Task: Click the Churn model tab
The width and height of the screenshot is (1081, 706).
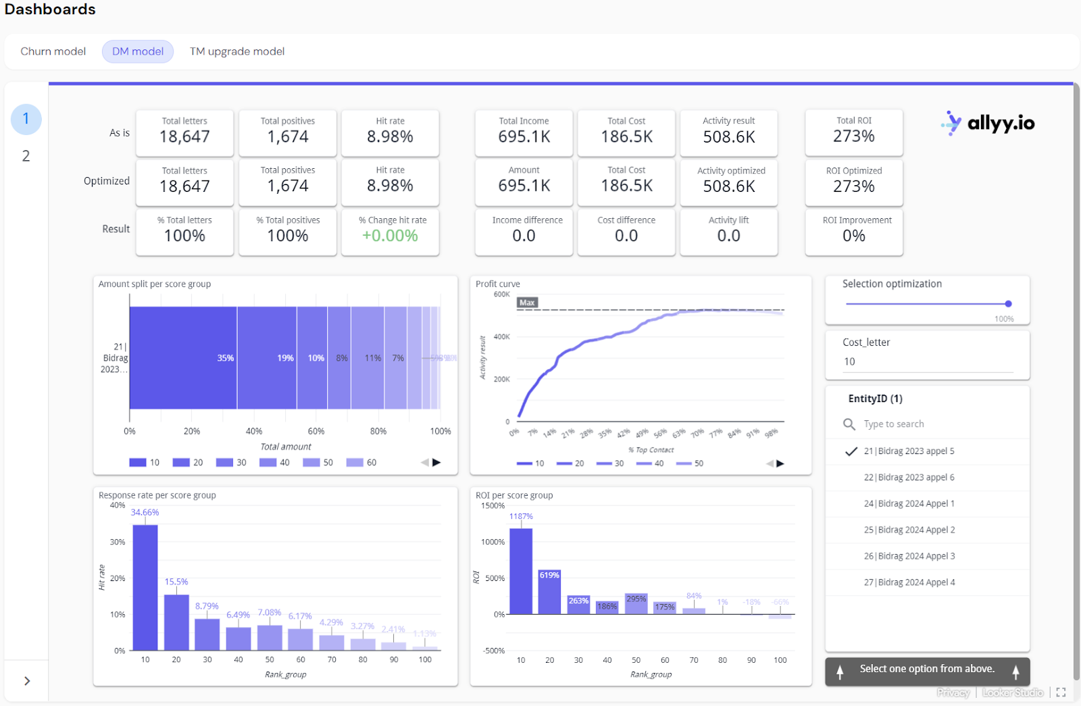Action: pyautogui.click(x=53, y=51)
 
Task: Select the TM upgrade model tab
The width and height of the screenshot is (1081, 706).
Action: pyautogui.click(x=236, y=51)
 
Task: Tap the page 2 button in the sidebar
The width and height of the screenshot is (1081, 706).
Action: pyautogui.click(x=26, y=156)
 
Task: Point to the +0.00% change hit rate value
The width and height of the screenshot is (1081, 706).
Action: pyautogui.click(x=390, y=236)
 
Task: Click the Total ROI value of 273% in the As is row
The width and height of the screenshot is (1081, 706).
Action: pyautogui.click(x=853, y=136)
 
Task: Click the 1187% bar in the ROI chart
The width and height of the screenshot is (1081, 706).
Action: pyautogui.click(x=520, y=571)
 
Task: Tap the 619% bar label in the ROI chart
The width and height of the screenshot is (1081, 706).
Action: pyautogui.click(x=549, y=575)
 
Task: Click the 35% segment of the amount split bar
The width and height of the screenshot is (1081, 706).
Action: pyautogui.click(x=183, y=358)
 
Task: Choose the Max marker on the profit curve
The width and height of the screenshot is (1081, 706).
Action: pyautogui.click(x=527, y=303)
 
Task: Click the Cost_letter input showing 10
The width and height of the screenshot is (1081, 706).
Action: pyautogui.click(x=927, y=362)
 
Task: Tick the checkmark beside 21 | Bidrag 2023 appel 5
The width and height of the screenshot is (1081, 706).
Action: pyautogui.click(x=851, y=451)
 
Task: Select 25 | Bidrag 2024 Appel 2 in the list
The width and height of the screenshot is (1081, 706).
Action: pyautogui.click(x=909, y=530)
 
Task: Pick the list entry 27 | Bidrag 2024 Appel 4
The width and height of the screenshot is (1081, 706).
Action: pyautogui.click(x=909, y=582)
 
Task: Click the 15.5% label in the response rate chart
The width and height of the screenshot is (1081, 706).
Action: pyautogui.click(x=176, y=582)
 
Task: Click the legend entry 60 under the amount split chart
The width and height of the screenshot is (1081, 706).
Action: pyautogui.click(x=362, y=463)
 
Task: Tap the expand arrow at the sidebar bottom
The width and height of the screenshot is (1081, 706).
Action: pyautogui.click(x=27, y=681)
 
